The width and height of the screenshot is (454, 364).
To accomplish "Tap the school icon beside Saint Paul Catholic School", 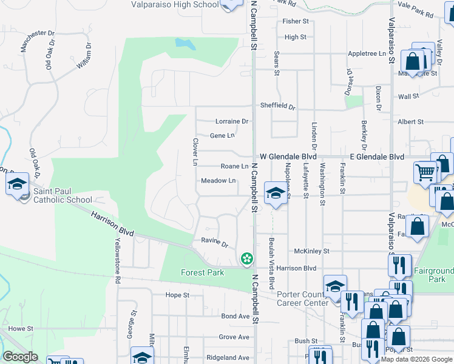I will pyautogui.click(x=18, y=183).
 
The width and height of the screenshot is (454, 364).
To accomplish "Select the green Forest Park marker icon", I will pyautogui.click(x=246, y=258).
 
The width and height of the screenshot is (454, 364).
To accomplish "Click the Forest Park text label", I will pyautogui.click(x=203, y=272).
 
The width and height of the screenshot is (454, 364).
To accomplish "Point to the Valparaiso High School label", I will pyautogui.click(x=175, y=4).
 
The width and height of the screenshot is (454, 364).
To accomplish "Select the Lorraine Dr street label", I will pyautogui.click(x=232, y=121).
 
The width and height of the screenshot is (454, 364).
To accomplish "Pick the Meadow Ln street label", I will pyautogui.click(x=219, y=181).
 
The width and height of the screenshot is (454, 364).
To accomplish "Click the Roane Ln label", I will pyautogui.click(x=234, y=166).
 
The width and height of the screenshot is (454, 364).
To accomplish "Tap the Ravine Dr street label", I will pyautogui.click(x=214, y=244).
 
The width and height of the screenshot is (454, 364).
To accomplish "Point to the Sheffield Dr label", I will pyautogui.click(x=277, y=106).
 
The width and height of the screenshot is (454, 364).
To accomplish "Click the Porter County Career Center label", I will pyautogui.click(x=303, y=299).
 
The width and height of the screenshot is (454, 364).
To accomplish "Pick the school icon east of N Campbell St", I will pyautogui.click(x=276, y=194).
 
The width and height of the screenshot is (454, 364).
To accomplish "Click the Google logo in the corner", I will pyautogui.click(x=20, y=357).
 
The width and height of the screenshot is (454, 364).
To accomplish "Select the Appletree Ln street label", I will pyautogui.click(x=367, y=53).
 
